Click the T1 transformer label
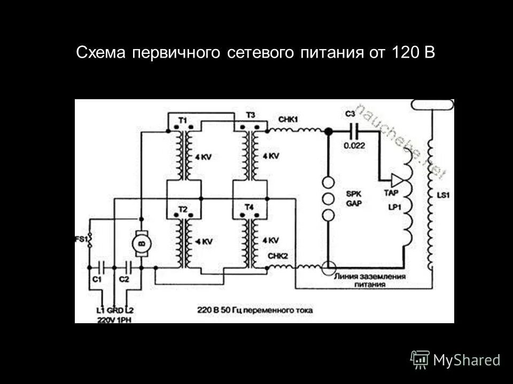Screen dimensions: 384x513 pyautogui.click(x=182, y=121)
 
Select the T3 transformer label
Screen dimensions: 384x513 pyautogui.click(x=250, y=115)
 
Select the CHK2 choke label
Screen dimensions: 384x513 pyautogui.click(x=278, y=255)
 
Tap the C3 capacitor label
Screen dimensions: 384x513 pyautogui.click(x=350, y=114)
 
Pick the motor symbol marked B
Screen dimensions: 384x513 pyautogui.click(x=142, y=243)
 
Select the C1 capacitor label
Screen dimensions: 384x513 pyautogui.click(x=96, y=279)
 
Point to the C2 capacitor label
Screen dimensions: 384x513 pyautogui.click(x=124, y=279)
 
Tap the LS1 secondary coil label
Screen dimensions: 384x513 pyautogui.click(x=444, y=196)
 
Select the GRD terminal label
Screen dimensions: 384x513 pyautogui.click(x=114, y=310)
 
